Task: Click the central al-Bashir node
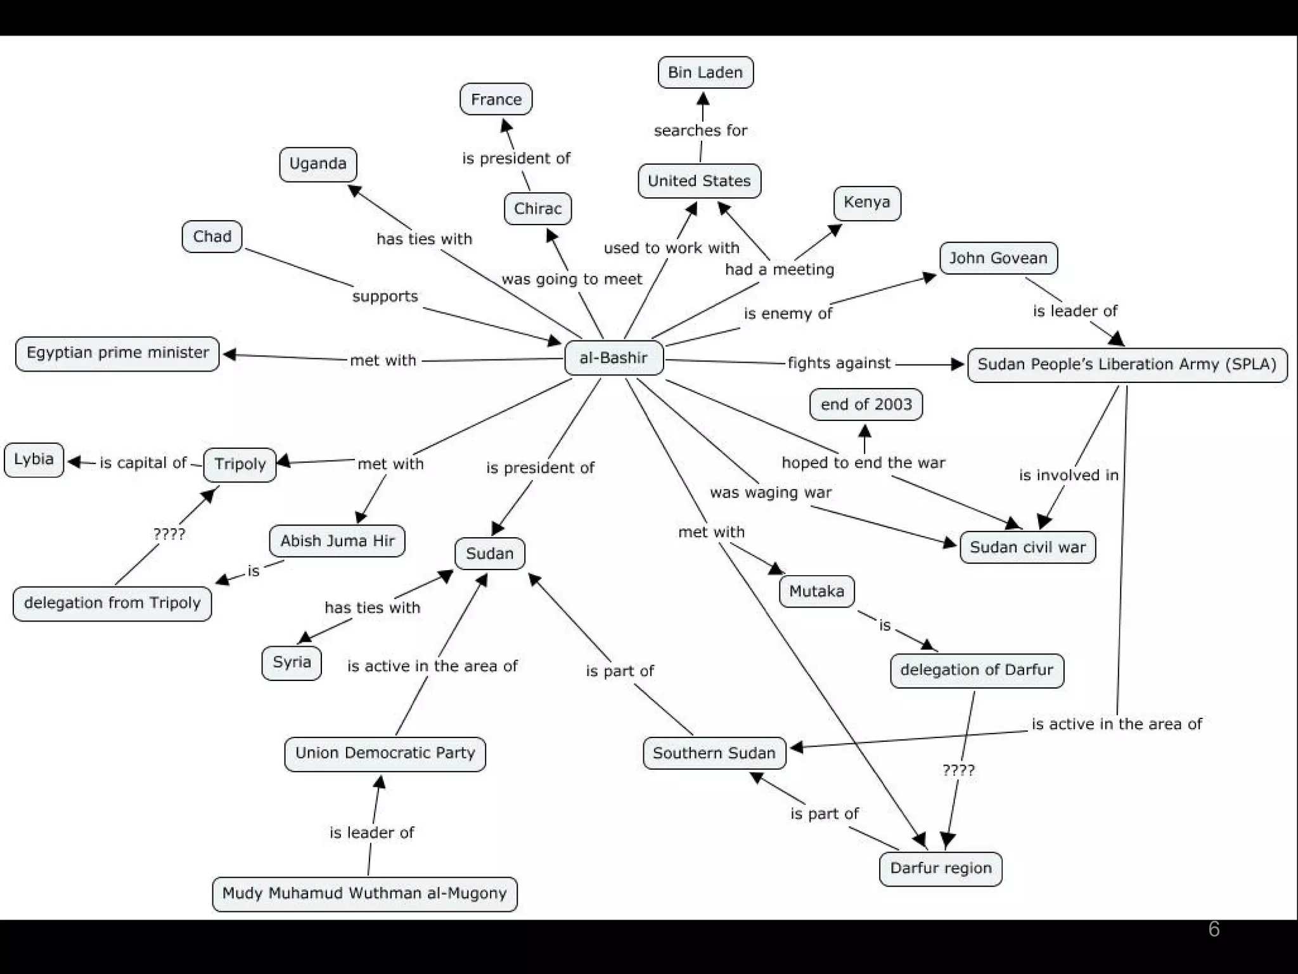coord(614,358)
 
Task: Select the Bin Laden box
coord(705,72)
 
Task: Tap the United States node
coord(698,181)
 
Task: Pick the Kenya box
coord(866,203)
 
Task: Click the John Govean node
coord(998,258)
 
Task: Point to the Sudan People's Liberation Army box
coord(1126,365)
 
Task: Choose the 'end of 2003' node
coord(866,405)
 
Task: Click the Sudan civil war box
coord(1027,547)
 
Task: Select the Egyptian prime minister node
coord(117,353)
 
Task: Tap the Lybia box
coord(34,459)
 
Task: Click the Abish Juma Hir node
coord(337,541)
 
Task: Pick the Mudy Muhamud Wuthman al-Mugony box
coord(364,893)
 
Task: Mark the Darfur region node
coord(941,868)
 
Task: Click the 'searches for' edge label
coord(700,131)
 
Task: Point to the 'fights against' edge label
coord(839,363)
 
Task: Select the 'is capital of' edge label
coord(143,463)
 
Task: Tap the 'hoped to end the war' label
coord(863,463)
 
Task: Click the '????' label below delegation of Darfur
coord(958,770)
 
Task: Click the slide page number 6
coord(1213,929)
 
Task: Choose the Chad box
coord(212,237)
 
